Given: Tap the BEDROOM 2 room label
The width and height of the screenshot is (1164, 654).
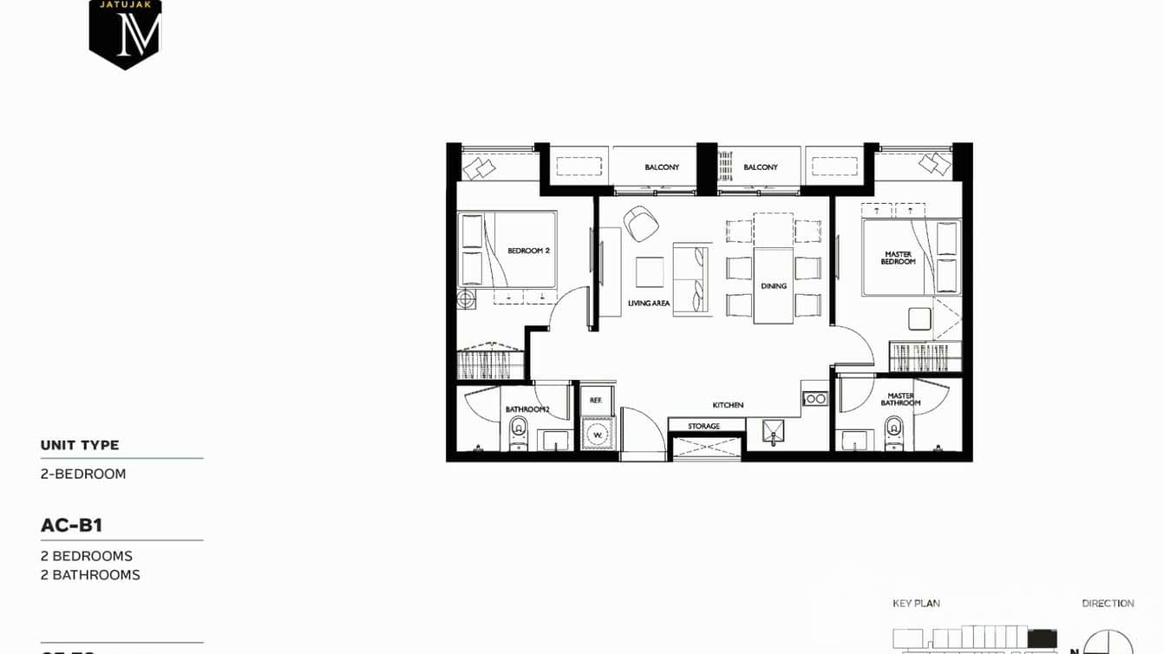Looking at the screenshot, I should (x=528, y=251).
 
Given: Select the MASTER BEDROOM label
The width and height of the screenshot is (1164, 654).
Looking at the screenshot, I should (x=898, y=258).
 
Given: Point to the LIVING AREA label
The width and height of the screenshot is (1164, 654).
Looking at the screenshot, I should (x=649, y=304).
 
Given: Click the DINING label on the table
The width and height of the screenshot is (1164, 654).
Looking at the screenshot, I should (x=774, y=285).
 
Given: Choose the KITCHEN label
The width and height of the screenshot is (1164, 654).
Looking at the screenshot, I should (x=728, y=405).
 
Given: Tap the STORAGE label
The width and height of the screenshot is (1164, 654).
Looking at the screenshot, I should (x=703, y=426).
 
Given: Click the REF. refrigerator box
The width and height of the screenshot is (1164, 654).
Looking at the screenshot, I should (x=596, y=400).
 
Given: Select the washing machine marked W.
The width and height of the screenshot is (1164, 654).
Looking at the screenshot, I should (x=597, y=434).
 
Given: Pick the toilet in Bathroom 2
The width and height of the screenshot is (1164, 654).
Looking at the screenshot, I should (x=519, y=430).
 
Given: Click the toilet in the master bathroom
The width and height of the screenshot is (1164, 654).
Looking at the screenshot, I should (x=893, y=430).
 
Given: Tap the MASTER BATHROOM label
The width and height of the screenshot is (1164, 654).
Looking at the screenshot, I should (x=900, y=399).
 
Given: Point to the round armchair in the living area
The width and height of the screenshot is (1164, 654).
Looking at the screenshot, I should (x=641, y=224).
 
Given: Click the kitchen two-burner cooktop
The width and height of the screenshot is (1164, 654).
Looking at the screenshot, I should (x=814, y=398).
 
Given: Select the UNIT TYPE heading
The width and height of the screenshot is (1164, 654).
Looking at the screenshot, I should (x=80, y=445).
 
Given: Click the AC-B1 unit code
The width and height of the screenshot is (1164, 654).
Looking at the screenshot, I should (x=71, y=525).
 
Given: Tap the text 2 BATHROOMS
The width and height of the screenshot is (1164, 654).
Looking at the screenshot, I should (x=90, y=575).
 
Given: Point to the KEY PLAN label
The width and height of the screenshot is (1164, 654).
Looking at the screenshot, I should (x=916, y=603).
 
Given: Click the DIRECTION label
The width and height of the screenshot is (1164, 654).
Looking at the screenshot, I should (x=1108, y=603).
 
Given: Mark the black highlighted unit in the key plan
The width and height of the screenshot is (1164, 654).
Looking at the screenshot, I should (x=1042, y=639).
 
